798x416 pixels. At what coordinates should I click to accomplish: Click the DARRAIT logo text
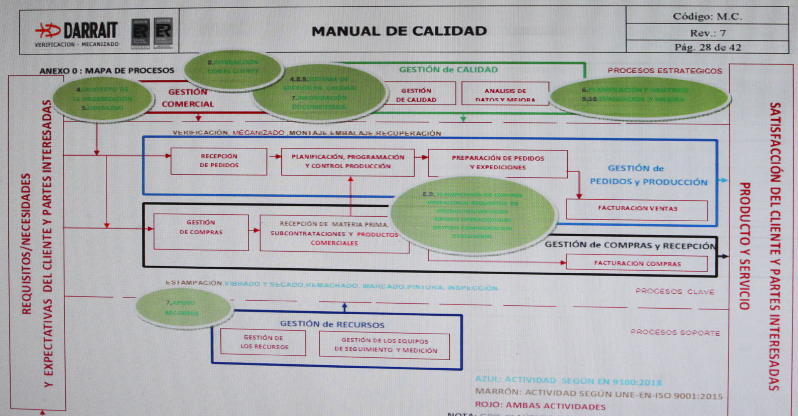pos(90,30)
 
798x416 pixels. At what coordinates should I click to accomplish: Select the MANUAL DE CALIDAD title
pos(399,31)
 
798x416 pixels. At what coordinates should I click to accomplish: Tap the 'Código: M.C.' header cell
pos(707,16)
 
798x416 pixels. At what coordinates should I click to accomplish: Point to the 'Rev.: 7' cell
pos(707,33)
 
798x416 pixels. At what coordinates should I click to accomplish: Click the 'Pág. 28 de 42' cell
pos(707,47)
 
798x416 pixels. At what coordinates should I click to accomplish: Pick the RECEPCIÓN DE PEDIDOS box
pos(219,161)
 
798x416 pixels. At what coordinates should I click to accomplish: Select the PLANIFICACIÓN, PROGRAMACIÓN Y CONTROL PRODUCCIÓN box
pos(347,162)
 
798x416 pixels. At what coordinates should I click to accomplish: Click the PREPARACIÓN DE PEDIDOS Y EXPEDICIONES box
pos(498,163)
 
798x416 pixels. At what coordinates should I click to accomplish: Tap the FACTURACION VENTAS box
pos(637,209)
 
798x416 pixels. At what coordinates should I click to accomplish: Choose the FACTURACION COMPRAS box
pos(637,263)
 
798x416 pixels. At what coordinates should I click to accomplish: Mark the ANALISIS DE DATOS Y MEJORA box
pos(505,94)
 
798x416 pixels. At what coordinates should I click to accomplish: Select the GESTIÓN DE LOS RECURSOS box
pos(263,342)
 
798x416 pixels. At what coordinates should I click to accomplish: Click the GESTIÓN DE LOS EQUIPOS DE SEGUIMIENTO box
pos(385,345)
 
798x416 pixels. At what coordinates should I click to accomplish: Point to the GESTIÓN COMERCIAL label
pos(188,98)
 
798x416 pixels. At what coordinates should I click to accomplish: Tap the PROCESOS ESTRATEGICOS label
pos(665,71)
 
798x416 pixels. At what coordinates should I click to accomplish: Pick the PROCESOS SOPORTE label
pos(675,332)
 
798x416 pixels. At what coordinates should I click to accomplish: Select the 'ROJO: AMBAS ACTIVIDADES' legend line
pos(540,406)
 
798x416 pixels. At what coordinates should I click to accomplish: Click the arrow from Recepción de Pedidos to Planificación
pos(275,156)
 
